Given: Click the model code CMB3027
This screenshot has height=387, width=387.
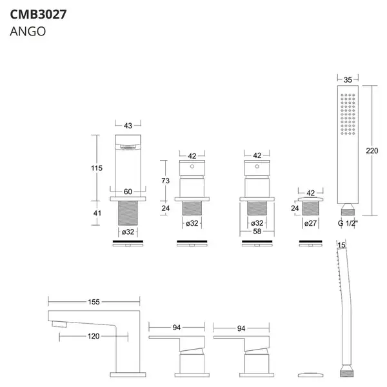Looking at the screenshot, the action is click(38, 14).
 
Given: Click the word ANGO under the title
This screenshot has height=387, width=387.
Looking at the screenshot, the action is click(28, 32).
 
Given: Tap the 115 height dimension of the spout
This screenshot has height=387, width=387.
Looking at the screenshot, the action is click(97, 168).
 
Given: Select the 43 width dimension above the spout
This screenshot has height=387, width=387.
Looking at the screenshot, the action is click(128, 126).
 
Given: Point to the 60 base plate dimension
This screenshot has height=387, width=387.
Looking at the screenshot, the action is click(128, 192).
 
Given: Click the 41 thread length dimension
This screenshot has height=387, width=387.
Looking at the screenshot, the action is click(97, 213).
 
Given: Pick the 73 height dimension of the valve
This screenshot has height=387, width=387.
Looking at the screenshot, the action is click(165, 181).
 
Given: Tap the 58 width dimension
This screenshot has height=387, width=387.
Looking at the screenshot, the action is click(257, 232).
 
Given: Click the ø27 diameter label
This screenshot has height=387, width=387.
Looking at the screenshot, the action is click(310, 223).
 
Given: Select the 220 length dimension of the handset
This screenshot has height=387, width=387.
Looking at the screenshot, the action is click(372, 150).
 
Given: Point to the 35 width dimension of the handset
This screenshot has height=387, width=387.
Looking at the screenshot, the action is click(348, 80).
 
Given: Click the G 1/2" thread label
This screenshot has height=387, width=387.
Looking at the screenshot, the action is click(348, 223).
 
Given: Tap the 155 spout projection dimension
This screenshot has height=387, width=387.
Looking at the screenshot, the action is click(94, 302).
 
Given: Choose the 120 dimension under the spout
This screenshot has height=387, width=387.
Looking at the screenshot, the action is click(94, 336).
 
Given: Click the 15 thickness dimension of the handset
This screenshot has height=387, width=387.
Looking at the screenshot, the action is click(341, 245).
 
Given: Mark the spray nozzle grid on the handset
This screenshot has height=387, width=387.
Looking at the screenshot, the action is click(348, 114).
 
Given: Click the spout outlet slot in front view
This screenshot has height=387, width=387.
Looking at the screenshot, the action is click(128, 148).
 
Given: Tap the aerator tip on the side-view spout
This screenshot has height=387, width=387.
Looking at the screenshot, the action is click(59, 324).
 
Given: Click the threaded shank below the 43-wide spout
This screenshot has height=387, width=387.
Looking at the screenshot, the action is click(128, 213).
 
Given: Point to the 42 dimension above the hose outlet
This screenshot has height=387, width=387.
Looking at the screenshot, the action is click(310, 193).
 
